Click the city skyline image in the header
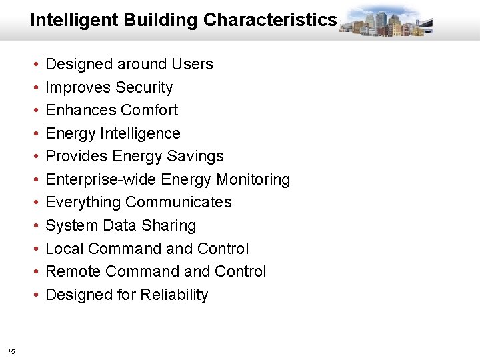tap(386, 21)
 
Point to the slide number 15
tap(11, 351)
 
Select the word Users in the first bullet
tap(192, 65)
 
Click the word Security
tap(144, 87)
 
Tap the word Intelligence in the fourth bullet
tap(140, 134)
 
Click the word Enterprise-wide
tap(101, 180)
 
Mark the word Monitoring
tap(253, 180)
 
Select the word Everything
tap(83, 203)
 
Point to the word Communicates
tap(179, 203)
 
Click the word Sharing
tap(169, 226)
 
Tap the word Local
tap(64, 249)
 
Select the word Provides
tap(77, 157)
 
